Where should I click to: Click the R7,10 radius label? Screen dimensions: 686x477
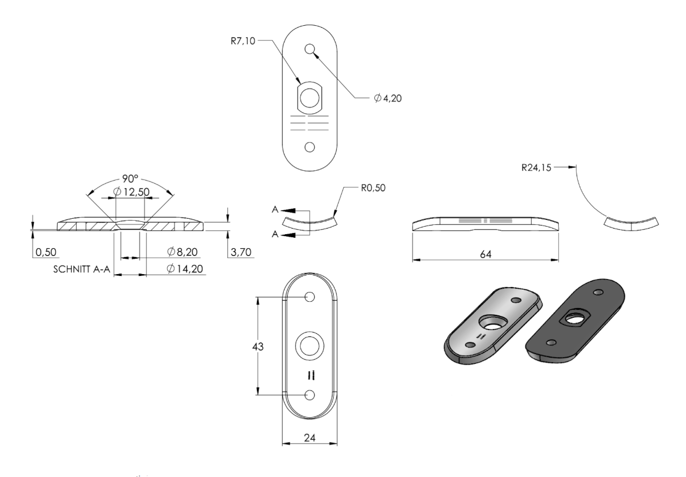243,42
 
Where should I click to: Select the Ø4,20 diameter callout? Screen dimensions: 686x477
388,98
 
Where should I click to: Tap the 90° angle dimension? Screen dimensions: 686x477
130,179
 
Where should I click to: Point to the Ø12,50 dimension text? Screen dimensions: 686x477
132,192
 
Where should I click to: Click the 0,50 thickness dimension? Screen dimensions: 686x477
46,253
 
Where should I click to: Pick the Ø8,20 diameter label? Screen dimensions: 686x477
183,251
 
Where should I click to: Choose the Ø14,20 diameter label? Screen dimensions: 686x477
185,268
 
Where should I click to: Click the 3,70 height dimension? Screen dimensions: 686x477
240,252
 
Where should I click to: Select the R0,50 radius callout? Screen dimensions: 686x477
373,188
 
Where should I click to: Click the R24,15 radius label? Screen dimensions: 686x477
537,168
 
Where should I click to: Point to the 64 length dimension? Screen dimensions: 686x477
486,254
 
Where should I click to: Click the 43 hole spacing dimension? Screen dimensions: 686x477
258,347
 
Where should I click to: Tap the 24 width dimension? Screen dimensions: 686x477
309,437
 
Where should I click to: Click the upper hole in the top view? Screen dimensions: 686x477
310,49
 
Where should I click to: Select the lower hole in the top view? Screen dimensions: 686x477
310,147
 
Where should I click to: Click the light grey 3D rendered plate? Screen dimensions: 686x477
493,326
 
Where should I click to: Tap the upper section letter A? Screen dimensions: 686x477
275,210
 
